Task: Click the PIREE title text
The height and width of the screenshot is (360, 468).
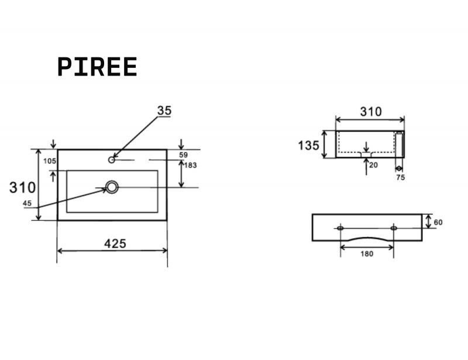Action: pos(97,67)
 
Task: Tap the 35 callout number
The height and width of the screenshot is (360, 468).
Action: pos(164,111)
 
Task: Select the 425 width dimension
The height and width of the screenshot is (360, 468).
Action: pos(115,244)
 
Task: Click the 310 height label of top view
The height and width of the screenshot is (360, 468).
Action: pos(22,188)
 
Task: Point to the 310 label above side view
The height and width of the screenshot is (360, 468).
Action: pos(371,112)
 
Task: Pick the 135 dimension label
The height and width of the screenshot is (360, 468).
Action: pos(309,146)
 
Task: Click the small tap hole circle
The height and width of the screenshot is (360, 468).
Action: pos(112,160)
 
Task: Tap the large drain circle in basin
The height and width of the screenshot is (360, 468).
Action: pos(112,187)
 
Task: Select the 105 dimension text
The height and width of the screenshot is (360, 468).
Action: pos(50,161)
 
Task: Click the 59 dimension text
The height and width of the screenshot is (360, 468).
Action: pos(183,155)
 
